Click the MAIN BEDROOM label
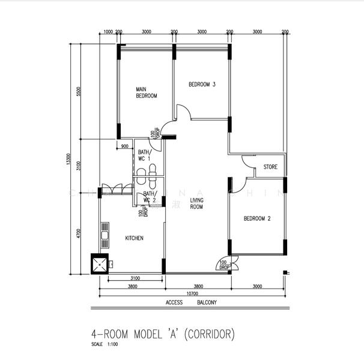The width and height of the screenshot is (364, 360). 146,92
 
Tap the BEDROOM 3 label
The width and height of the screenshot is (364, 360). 202,85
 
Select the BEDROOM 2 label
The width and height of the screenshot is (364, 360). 257,219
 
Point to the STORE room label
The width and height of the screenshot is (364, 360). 270,167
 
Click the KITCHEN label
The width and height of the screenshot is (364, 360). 134,238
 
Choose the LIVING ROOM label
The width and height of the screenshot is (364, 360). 196,203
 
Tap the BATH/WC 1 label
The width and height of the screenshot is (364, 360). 145,156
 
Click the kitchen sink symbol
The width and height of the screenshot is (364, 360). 105,235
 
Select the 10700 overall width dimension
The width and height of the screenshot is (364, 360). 191,295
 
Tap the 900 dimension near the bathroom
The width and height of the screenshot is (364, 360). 125,146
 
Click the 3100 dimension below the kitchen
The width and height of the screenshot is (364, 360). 136,278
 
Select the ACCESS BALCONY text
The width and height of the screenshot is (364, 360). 191,303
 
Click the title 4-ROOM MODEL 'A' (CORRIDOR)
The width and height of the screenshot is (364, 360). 162,334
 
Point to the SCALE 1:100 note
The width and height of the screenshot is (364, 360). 105,345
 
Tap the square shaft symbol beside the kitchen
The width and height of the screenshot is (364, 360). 99,264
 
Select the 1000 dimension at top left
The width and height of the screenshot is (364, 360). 108,32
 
